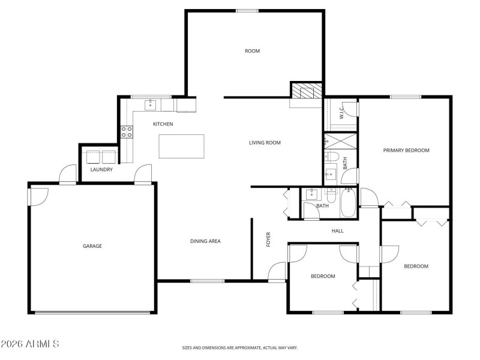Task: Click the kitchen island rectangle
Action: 181,146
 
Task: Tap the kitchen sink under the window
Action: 150,106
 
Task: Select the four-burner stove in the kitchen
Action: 127,131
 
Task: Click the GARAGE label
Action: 92,246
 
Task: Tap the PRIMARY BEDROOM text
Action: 406,151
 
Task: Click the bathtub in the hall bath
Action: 348,205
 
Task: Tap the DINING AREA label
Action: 205,241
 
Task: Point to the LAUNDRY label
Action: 101,170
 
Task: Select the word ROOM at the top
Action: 252,51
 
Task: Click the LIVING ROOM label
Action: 265,143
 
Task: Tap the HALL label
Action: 337,230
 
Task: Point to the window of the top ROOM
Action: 247,10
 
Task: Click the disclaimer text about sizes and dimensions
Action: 239,347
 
